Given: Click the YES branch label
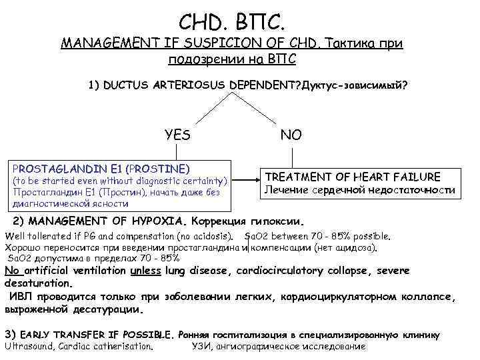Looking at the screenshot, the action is [177, 135].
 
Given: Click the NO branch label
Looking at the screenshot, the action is [291, 135].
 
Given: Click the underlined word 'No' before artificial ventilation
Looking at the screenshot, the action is [12, 271].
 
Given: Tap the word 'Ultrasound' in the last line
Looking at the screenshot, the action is [29, 346].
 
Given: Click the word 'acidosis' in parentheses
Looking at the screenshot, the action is [213, 236].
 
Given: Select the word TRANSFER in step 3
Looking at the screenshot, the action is [82, 334].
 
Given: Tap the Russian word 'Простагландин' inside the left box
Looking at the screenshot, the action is [37, 192].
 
